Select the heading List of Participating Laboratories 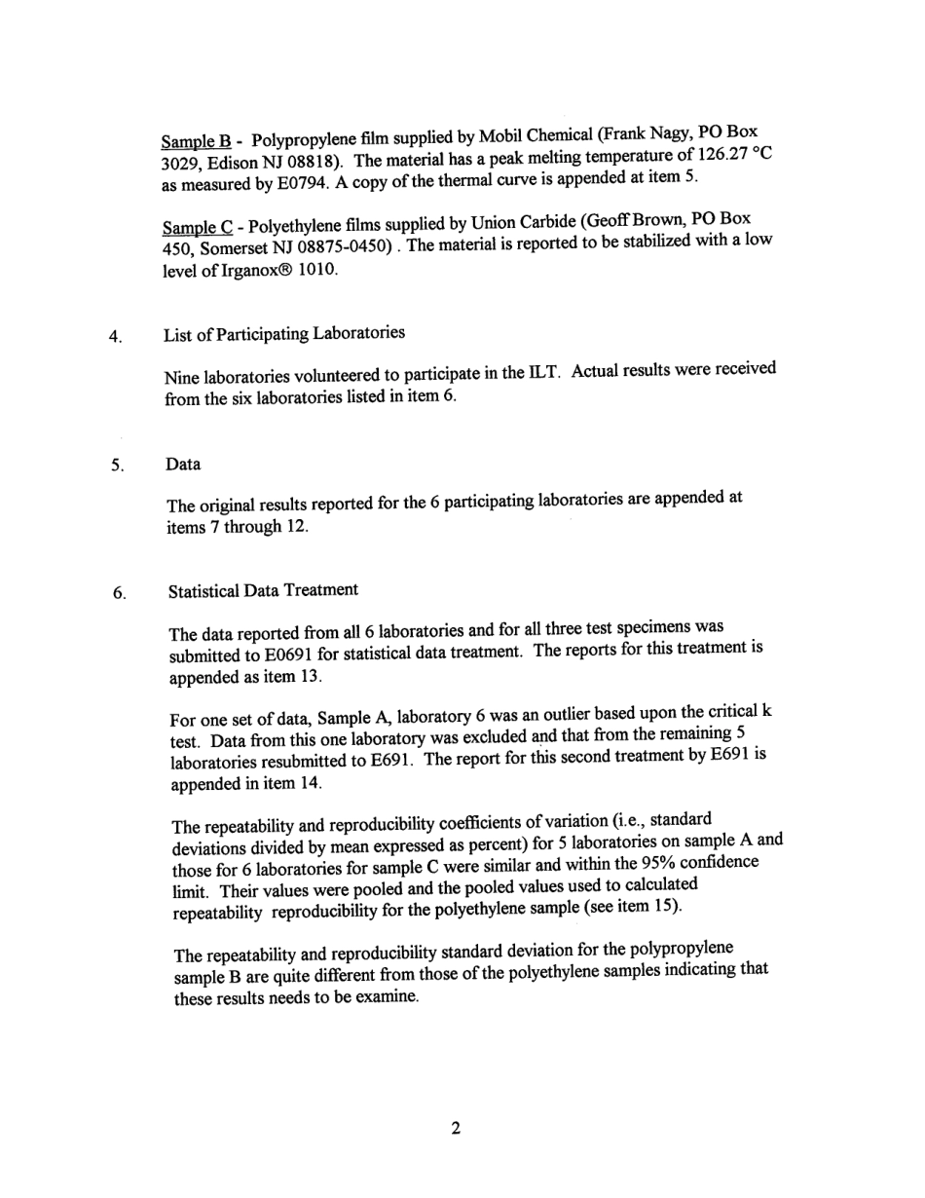pos(284,334)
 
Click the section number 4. pos(115,338)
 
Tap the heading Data pos(183,465)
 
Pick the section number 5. pos(116,466)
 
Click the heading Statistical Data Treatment pos(263,590)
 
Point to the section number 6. pos(117,593)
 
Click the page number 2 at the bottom pos(455,1129)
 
